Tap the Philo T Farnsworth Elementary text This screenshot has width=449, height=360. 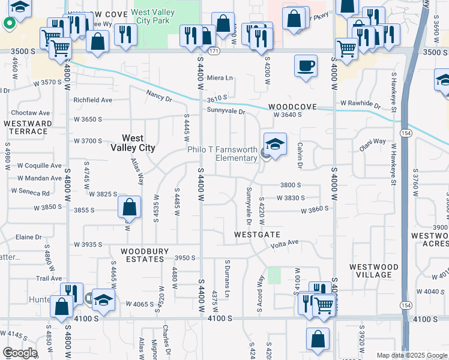click(222, 154)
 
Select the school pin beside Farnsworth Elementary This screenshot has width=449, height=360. click(274, 146)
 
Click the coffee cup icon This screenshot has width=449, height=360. click(306, 65)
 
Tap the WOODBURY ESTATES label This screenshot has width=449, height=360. click(142, 255)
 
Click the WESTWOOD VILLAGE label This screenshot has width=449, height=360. click(374, 271)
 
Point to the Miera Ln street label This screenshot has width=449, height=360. click(219, 78)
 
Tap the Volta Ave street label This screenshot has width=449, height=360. click(284, 242)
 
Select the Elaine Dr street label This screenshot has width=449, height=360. click(29, 237)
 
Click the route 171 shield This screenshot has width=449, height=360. click(213, 52)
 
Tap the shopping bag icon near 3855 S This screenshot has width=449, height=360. click(130, 208)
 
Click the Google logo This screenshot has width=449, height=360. click(19, 353)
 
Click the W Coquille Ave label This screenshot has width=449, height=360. click(39, 166)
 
